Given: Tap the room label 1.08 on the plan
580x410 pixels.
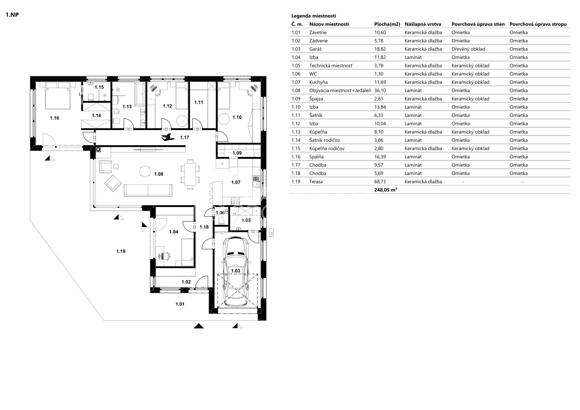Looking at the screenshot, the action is point(159,174).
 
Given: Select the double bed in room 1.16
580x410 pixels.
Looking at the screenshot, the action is point(58,95).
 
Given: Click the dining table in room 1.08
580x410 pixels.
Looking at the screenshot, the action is point(190,174).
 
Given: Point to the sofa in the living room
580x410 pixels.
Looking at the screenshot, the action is point(148,190).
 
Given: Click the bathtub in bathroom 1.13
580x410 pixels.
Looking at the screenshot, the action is point(140,94).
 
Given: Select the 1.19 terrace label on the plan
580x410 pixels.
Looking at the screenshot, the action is point(121,251).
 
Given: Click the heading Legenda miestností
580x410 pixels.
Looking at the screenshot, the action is point(314,16).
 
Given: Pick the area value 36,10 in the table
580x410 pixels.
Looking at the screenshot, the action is point(380,90).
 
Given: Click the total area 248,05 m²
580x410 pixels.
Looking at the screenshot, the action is point(385,190).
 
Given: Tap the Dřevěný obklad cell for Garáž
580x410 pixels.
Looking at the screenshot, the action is point(468,49).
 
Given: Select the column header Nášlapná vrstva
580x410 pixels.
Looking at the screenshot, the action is point(423,24).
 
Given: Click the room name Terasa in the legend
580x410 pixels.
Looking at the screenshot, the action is point(316,181).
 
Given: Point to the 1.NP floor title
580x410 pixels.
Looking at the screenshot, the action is point(12,15).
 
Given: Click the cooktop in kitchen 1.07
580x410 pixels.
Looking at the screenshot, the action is point(236,201).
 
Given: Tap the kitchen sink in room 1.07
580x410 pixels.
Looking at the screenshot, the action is point(256,181).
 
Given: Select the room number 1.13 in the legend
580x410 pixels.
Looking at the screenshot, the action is point(296,132).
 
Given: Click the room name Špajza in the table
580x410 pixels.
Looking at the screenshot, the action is point(316,99).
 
